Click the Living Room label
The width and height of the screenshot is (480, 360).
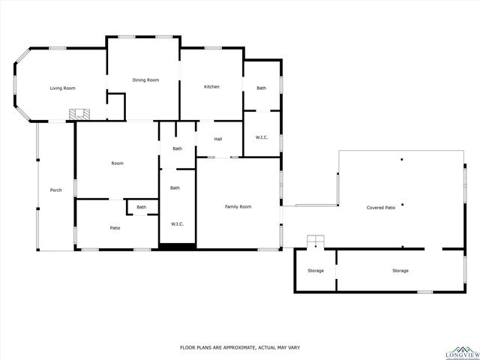point(62,88)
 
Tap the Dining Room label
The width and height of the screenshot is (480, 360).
point(145,79)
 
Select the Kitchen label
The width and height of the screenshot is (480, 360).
point(211,87)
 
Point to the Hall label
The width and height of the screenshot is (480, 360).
point(218,139)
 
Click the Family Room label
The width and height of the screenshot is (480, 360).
point(238,206)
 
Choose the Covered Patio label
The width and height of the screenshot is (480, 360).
point(380,207)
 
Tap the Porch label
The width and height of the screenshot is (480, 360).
point(55,190)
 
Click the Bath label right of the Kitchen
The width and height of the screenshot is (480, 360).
point(261,88)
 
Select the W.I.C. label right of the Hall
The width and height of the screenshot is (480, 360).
point(262,137)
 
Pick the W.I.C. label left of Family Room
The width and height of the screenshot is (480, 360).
point(178,223)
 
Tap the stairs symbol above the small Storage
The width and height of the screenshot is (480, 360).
point(316,241)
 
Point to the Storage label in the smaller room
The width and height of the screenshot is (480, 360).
point(316,270)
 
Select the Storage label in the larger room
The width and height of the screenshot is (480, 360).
point(400,270)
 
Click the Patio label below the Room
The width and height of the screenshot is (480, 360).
point(115,228)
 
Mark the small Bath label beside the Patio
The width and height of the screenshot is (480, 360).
point(141,207)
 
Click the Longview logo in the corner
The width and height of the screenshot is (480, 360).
point(457,351)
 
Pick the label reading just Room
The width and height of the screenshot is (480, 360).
point(117,163)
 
